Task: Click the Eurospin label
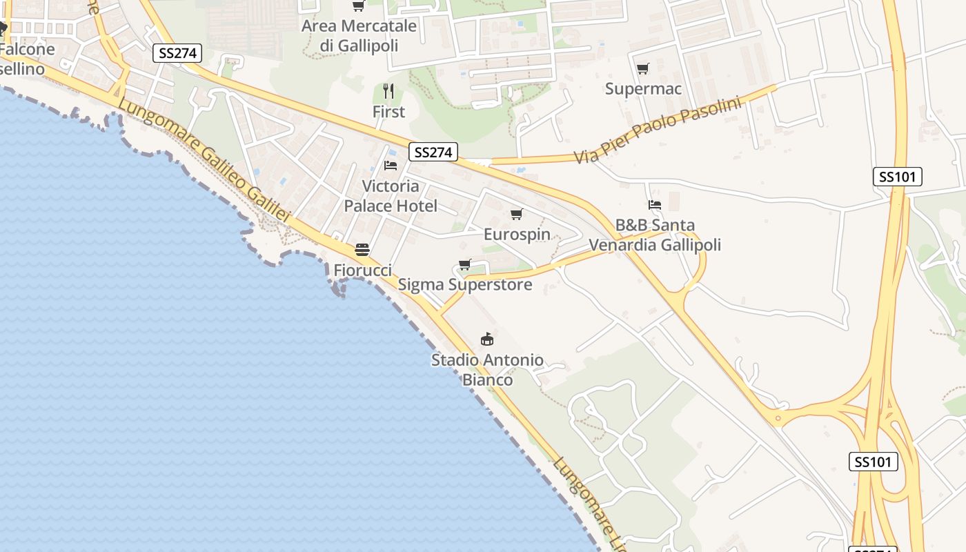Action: pyautogui.click(x=517, y=234)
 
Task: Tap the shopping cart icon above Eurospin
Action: pyautogui.click(x=516, y=215)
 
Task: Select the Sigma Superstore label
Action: pyautogui.click(x=465, y=284)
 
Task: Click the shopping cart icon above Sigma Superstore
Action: pyautogui.click(x=464, y=265)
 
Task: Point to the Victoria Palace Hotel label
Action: pyautogui.click(x=391, y=196)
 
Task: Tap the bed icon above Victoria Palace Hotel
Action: pyautogui.click(x=390, y=166)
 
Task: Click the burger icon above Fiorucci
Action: pyautogui.click(x=362, y=250)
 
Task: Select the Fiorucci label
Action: pyautogui.click(x=362, y=270)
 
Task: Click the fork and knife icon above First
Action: pyautogui.click(x=388, y=91)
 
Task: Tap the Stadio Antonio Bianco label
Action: pyautogui.click(x=487, y=370)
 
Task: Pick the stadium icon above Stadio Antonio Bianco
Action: pyautogui.click(x=487, y=339)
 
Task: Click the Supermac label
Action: pyautogui.click(x=643, y=88)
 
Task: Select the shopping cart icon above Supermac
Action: pyautogui.click(x=642, y=68)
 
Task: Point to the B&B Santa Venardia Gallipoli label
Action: pyautogui.click(x=654, y=235)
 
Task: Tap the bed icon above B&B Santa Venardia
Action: pyautogui.click(x=654, y=205)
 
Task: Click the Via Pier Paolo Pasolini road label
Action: pyautogui.click(x=657, y=131)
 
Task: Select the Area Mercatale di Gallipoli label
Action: pyautogui.click(x=359, y=35)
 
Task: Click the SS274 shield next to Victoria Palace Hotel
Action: pyautogui.click(x=433, y=152)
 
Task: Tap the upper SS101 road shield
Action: pyautogui.click(x=897, y=177)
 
